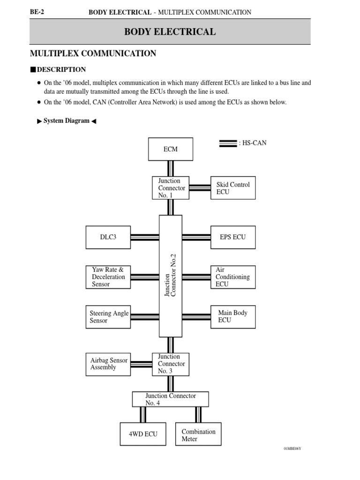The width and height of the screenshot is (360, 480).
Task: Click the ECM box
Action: tap(171, 149)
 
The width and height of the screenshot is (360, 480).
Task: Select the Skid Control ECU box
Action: tap(233, 188)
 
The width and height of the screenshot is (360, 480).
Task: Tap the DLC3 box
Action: tap(108, 237)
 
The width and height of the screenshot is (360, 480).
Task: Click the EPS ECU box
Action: tap(233, 237)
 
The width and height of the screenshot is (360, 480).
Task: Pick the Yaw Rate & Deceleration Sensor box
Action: tap(108, 277)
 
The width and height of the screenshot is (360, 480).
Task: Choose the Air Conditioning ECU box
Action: tap(233, 277)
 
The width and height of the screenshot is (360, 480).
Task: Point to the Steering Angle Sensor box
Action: tap(108, 317)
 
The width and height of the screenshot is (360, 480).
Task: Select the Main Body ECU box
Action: tap(233, 317)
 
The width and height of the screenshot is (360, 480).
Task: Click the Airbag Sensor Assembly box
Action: tap(108, 364)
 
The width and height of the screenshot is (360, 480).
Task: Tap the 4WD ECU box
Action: tap(143, 434)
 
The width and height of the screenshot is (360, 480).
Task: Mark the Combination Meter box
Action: tap(198, 435)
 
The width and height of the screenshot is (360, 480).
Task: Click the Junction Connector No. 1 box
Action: tap(171, 188)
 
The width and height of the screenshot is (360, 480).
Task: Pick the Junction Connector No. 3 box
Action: tap(171, 364)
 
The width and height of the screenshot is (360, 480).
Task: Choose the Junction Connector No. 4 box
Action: tap(171, 399)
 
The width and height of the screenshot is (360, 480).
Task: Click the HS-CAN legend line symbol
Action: tap(228, 143)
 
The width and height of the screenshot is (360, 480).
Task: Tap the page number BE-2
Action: tap(37, 12)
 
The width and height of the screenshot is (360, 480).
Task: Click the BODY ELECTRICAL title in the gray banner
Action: tap(170, 32)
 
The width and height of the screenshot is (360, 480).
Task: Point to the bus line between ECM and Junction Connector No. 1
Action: tap(171, 168)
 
